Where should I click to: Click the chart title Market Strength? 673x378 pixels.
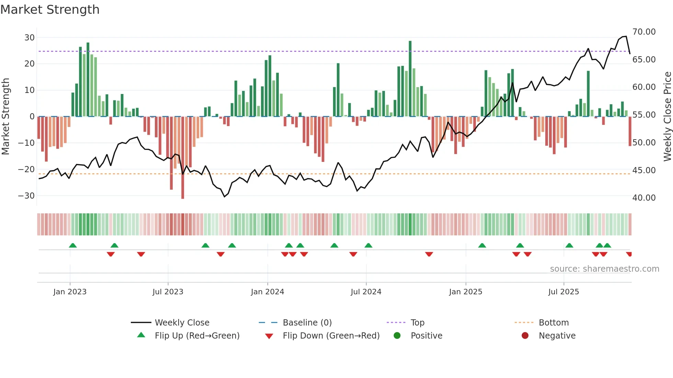50,10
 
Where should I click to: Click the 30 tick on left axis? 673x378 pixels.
30,38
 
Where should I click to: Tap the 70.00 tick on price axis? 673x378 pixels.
644,32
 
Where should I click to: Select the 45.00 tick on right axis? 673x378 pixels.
644,170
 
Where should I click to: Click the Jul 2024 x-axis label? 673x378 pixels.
366,292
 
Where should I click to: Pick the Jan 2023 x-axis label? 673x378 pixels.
70,292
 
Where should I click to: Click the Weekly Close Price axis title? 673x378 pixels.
667,117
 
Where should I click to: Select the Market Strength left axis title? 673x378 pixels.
5,117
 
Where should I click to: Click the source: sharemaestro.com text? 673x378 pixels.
604,269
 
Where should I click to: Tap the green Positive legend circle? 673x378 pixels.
397,336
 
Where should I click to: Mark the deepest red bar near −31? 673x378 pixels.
183,158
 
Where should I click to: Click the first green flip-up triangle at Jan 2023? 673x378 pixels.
73,246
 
